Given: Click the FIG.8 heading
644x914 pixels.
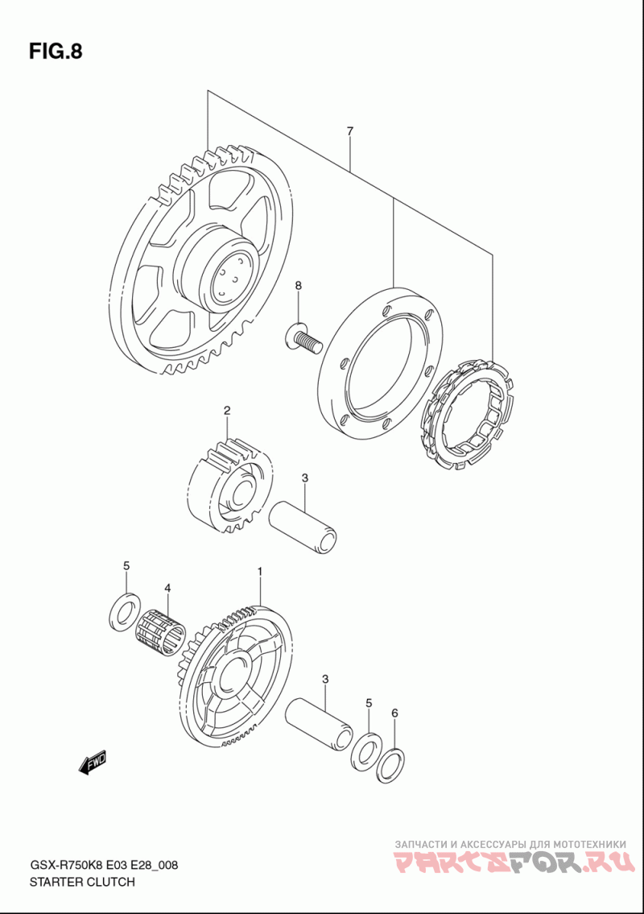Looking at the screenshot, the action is pos(56,52).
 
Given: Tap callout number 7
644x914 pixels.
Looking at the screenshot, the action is pos(350,131).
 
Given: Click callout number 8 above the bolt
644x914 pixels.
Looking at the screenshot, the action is pos(298,286).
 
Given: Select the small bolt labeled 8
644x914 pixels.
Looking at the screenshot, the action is pos(303,337).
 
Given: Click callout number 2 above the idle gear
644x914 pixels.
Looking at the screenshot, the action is pos(227,411).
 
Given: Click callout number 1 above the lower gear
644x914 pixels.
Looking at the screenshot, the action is pos(260,571).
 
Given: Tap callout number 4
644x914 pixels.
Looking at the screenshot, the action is pos(167,589).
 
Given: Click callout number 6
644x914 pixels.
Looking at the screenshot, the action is pos(394,713).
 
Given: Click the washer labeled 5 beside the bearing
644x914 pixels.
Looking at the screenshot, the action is pos(122,611).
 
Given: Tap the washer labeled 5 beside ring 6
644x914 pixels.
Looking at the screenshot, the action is pos(365,750).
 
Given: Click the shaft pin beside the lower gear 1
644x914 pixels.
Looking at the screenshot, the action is pos(320,721).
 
